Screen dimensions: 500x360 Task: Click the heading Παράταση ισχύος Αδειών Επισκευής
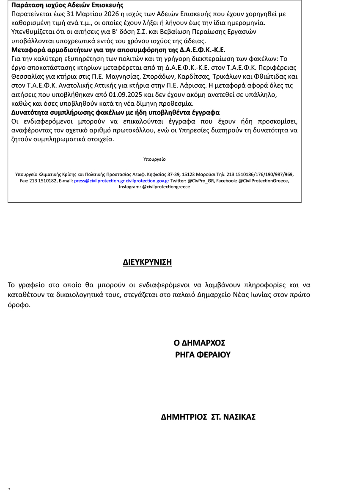point(67,5)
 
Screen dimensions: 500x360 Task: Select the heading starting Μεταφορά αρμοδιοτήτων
point(118,49)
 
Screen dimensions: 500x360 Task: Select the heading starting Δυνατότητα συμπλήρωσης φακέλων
point(115,113)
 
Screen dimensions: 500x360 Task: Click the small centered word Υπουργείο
point(154,159)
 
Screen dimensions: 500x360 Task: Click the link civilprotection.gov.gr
point(148,181)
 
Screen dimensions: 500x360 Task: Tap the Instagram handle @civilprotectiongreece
point(166,187)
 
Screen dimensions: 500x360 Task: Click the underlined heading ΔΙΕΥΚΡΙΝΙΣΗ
point(147,262)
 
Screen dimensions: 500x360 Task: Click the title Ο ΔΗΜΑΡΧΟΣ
point(200,343)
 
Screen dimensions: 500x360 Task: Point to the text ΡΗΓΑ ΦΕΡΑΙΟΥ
point(203,355)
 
